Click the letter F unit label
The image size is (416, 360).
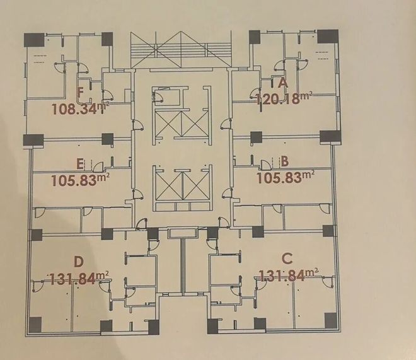[x=81, y=93]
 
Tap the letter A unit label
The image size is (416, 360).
[x=283, y=83]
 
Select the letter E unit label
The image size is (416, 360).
[x=80, y=164]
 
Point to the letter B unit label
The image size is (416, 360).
[x=284, y=161]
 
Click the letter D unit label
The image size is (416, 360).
[x=79, y=262]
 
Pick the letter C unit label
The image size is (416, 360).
[x=287, y=258]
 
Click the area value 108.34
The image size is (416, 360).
[x=74, y=109]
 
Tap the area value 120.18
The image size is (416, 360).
[x=278, y=99]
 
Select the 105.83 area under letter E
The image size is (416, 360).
[x=74, y=181]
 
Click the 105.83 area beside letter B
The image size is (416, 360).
[x=279, y=178]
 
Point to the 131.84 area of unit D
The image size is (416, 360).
[x=72, y=279]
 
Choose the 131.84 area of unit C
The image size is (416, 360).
[x=282, y=276]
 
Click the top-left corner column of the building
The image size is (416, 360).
[x=34, y=40]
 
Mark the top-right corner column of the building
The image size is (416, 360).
[x=328, y=37]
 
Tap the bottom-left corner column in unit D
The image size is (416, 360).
[x=35, y=325]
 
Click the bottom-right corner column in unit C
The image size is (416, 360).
[x=330, y=320]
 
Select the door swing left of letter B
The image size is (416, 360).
[x=265, y=165]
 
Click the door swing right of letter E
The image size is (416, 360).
[x=99, y=166]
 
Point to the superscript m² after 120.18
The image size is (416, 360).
[x=306, y=96]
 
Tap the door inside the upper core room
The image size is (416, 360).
[x=158, y=95]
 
